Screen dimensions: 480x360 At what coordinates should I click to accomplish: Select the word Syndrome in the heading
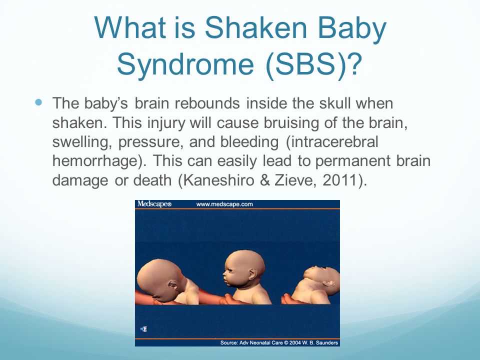coord(185,65)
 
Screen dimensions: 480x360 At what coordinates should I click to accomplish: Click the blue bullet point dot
coord(38,102)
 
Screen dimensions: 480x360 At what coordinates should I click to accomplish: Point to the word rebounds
coord(207,103)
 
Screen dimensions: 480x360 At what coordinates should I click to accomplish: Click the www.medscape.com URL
coord(224,204)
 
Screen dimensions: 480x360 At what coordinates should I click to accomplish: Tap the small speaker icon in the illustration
coord(143,329)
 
